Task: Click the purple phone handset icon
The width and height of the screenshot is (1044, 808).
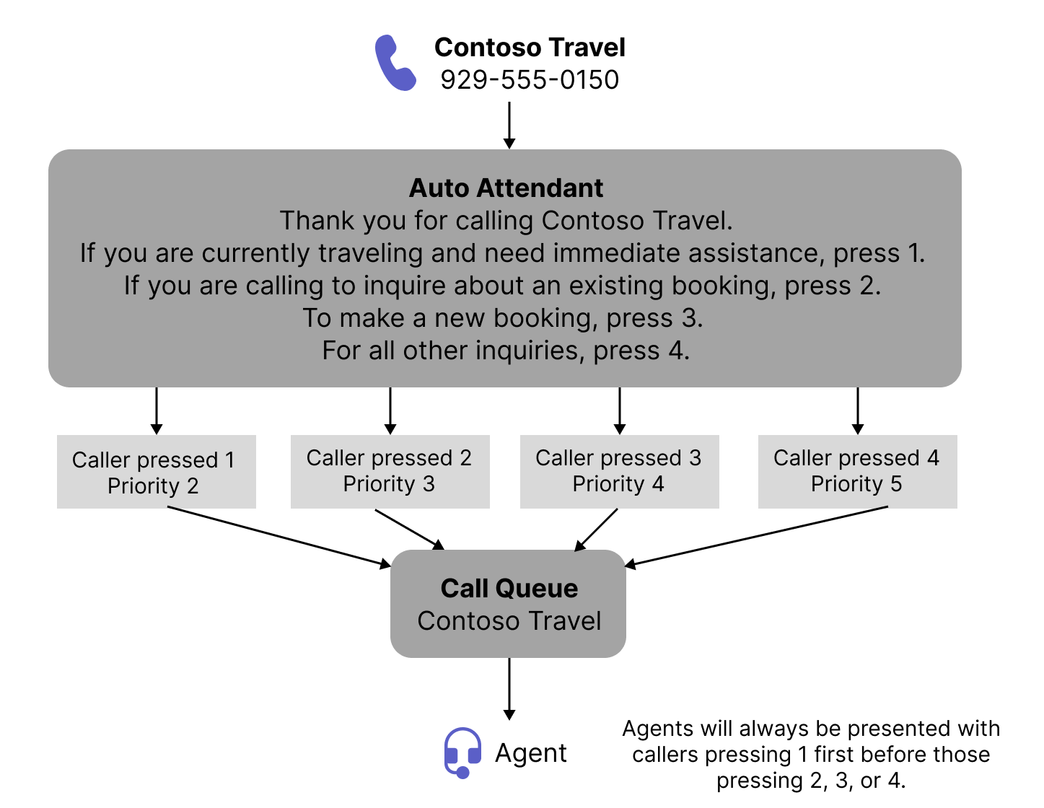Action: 395,63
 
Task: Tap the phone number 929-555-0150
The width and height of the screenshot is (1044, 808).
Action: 530,79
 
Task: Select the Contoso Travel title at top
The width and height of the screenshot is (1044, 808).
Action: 530,48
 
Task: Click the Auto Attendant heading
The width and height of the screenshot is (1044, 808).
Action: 506,188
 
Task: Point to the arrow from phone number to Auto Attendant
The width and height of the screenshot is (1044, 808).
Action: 509,124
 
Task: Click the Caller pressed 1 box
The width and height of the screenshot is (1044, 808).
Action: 156,472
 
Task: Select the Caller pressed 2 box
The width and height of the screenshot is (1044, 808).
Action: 390,471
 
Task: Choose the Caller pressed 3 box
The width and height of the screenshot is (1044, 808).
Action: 619,471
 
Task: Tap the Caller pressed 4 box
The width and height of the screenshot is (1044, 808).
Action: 857,471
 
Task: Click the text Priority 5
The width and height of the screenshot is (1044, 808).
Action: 856,484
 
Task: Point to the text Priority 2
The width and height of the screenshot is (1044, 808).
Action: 153,486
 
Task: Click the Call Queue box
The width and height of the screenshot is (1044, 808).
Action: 509,604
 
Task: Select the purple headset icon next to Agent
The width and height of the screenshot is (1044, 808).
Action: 462,752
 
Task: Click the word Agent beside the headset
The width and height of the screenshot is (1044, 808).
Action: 530,753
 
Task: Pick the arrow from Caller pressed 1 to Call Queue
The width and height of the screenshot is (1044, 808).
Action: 278,537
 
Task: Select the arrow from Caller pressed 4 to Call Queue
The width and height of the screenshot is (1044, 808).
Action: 758,535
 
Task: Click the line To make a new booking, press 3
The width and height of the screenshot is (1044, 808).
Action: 503,318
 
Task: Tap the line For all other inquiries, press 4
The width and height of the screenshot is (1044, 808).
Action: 506,351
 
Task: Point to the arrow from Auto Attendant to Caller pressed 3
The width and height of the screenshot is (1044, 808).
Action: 620,410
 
